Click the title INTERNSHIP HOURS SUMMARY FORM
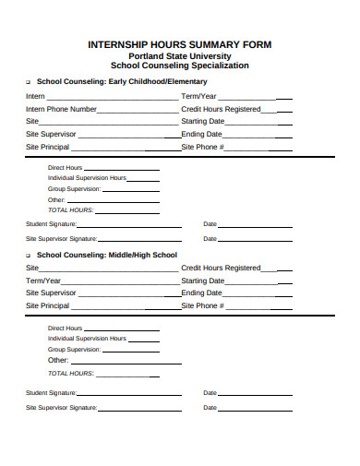(180, 43)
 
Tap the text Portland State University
(179, 54)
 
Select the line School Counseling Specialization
(179, 66)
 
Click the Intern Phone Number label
(61, 109)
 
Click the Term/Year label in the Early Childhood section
(199, 96)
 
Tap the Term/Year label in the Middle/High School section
(43, 281)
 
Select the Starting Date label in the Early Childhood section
(203, 121)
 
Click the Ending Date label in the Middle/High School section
(201, 293)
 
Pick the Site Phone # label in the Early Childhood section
(203, 147)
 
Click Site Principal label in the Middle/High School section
(47, 305)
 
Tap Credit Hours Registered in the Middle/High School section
(222, 268)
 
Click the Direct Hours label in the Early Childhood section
(66, 167)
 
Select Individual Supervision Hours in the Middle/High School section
(87, 339)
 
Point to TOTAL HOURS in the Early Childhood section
(70, 209)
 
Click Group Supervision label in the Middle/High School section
(74, 350)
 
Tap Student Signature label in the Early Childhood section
(51, 223)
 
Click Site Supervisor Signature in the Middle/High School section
(61, 407)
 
